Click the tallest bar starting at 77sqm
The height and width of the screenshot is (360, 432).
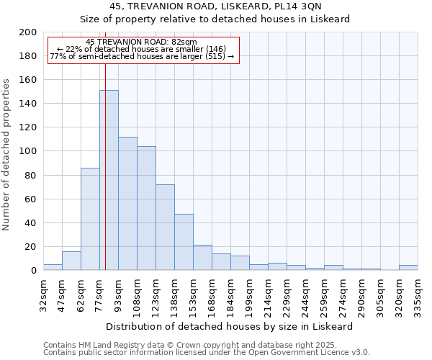[109, 180]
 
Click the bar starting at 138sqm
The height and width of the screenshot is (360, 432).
[184, 242]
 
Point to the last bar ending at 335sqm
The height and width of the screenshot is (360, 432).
[408, 268]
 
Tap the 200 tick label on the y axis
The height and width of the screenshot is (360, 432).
[28, 32]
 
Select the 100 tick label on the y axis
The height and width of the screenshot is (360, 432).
[28, 151]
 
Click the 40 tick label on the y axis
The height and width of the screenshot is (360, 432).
[30, 222]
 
